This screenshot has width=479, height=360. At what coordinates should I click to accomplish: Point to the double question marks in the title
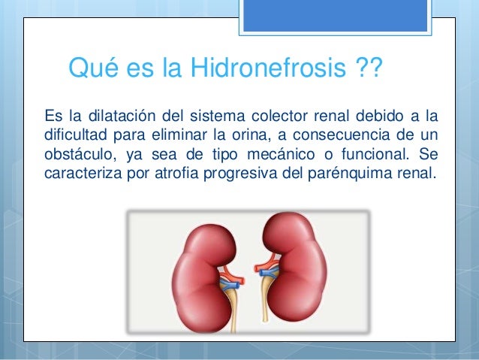[x=366, y=71]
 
